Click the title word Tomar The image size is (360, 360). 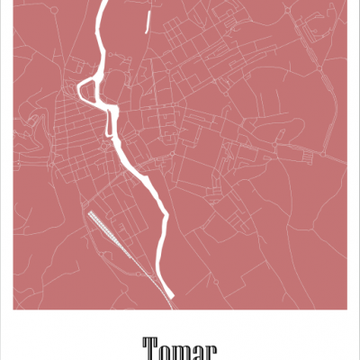(x=180, y=348)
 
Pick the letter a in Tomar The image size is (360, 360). (x=199, y=351)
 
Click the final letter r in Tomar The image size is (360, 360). (x=212, y=351)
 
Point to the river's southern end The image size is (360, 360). (x=169, y=293)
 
